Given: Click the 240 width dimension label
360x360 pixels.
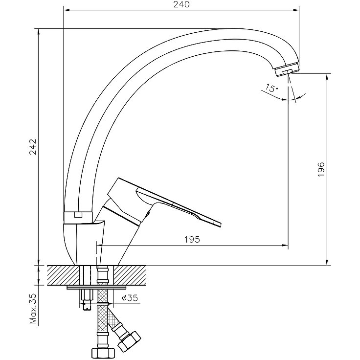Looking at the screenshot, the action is coord(181,4).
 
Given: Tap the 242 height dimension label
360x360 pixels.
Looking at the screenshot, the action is coord(33,147).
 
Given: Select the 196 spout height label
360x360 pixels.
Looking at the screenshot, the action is coord(321,169).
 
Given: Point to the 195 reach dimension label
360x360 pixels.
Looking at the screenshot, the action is coord(192,240).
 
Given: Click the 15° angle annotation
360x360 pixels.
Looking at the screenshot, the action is coord(272,88).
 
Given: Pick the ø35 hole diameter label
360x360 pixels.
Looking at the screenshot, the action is coord(130,298).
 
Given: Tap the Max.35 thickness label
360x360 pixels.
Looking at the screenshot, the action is coord(34,308).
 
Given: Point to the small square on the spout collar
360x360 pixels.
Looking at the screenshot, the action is coord(78,215).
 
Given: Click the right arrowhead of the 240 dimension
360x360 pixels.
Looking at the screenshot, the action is coord(296,10).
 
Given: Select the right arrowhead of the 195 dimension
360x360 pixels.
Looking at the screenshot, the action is coord(285,246).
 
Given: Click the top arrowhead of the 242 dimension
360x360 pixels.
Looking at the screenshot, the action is coord(39,31).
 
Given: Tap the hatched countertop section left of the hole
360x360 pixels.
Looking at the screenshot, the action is coord(63,275).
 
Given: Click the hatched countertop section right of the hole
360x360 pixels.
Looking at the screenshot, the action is coord(130,275).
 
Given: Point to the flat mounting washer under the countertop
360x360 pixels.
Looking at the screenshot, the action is coord(97,288).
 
